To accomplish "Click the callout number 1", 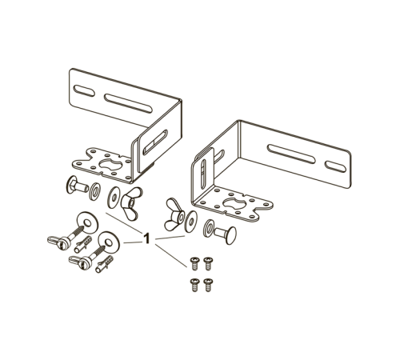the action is (x=146, y=238).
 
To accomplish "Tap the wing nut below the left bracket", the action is (x=131, y=203).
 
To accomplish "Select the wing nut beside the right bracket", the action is (x=174, y=214).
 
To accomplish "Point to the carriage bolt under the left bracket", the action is (x=77, y=185).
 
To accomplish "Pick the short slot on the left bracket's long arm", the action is (x=84, y=91).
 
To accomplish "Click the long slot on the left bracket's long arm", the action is (x=128, y=103).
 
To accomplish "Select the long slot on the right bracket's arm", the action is (x=291, y=154).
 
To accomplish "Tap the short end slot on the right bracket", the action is (x=335, y=166).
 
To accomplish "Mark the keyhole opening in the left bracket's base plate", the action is (x=110, y=164).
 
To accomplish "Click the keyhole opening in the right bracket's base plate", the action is (x=234, y=204).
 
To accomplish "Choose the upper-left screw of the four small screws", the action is (x=194, y=263).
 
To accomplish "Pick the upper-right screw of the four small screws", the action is (x=208, y=263).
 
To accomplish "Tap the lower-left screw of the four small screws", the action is (x=194, y=285).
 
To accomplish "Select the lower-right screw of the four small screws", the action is (x=208, y=285).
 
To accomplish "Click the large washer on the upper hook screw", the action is (x=87, y=223).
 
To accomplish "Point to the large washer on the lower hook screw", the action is (x=109, y=242).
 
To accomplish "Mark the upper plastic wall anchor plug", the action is (x=83, y=245).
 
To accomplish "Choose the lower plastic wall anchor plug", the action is (x=104, y=264).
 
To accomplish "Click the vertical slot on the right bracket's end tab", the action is (x=203, y=171).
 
